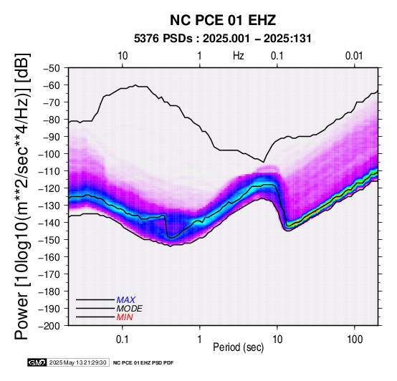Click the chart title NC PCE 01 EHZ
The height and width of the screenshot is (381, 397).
(x=223, y=20)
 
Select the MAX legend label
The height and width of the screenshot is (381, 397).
(x=126, y=300)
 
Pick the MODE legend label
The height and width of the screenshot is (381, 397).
(x=130, y=309)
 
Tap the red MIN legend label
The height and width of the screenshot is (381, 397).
(x=125, y=317)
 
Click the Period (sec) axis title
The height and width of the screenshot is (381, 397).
(x=238, y=347)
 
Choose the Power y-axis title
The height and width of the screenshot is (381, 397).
(x=22, y=196)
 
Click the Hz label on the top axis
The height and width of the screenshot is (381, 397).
(x=238, y=56)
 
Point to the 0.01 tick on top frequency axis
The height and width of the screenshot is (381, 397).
(x=354, y=56)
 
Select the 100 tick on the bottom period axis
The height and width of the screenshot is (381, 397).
(x=355, y=339)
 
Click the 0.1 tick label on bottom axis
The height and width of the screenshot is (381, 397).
(x=123, y=339)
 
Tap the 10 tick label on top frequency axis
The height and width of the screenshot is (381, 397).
(x=123, y=56)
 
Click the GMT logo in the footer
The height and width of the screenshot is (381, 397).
(x=37, y=362)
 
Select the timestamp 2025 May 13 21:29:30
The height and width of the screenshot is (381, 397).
(x=77, y=362)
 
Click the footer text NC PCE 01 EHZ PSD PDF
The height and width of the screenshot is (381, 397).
(x=143, y=363)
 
